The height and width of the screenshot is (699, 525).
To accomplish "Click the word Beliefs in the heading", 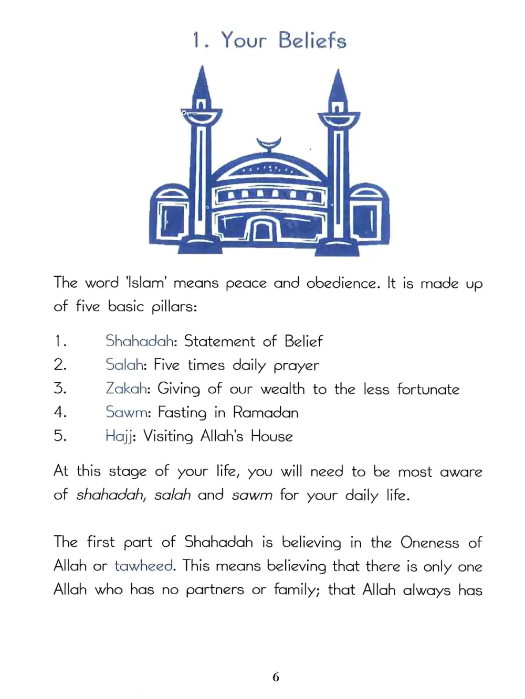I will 312,41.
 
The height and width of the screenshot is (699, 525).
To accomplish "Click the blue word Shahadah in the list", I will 140,341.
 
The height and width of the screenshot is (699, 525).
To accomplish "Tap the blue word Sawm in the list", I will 127,412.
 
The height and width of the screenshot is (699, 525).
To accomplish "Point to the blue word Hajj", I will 119,436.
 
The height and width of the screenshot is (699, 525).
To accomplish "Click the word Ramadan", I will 266,412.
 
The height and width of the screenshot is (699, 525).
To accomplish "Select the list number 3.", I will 60,389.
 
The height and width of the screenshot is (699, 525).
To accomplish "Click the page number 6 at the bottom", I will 276,678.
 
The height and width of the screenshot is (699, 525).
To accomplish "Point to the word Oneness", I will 429,542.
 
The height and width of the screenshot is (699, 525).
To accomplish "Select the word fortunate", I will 428,389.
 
